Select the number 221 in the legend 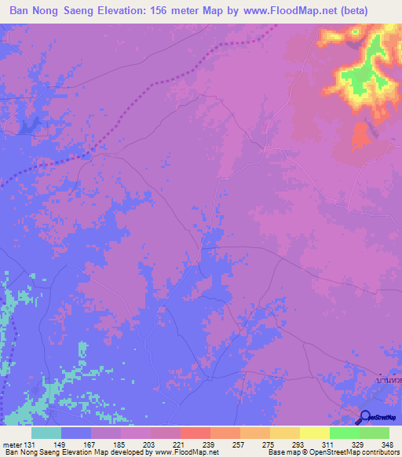pyautogui.click(x=181, y=444)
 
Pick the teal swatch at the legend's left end pyautogui.click(x=46, y=433)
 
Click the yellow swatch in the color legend pyautogui.click(x=314, y=433)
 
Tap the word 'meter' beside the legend pyautogui.click(x=11, y=444)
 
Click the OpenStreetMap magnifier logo pyautogui.click(x=364, y=419)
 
